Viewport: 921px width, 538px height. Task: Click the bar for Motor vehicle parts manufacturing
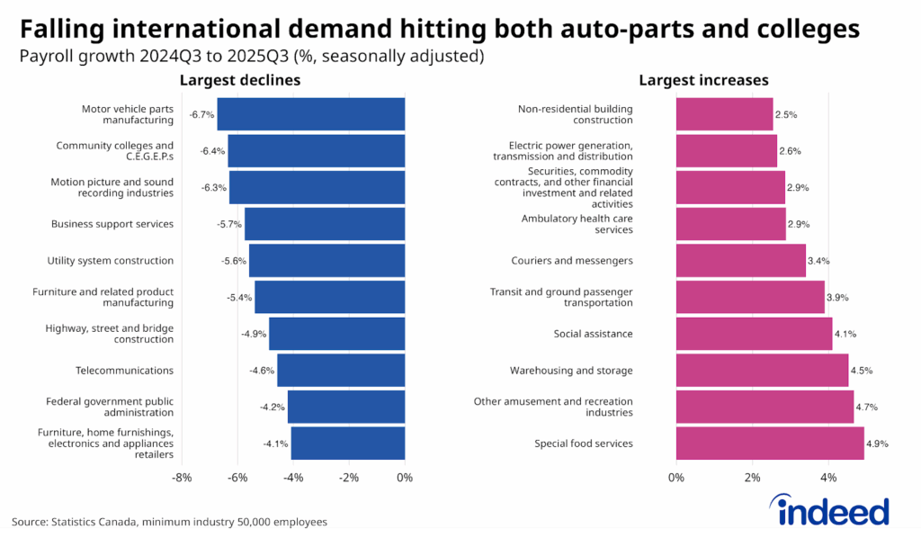coord(311,114)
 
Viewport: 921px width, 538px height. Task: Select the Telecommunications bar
coord(341,370)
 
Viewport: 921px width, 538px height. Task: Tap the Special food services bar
coord(770,443)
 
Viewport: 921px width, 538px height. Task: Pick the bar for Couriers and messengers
coord(741,261)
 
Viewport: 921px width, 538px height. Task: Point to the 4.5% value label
coord(862,371)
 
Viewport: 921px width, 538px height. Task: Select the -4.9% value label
coord(253,334)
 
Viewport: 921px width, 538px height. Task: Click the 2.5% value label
coord(786,115)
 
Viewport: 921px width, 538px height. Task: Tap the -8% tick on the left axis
coord(182,478)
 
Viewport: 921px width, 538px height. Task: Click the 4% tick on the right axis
coord(828,478)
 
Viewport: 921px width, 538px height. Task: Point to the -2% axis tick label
coord(349,478)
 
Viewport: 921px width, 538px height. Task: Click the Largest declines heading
coord(239,81)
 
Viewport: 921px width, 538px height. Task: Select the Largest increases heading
coord(703,81)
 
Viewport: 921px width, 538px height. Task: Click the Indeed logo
coord(833,512)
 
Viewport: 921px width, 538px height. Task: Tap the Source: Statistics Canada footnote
coord(169,522)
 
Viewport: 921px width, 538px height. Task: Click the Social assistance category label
coord(593,334)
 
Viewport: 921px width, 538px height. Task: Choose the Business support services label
coord(112,224)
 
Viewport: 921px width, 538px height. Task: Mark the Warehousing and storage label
coord(571,371)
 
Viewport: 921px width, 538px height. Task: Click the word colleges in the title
coord(808,29)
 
